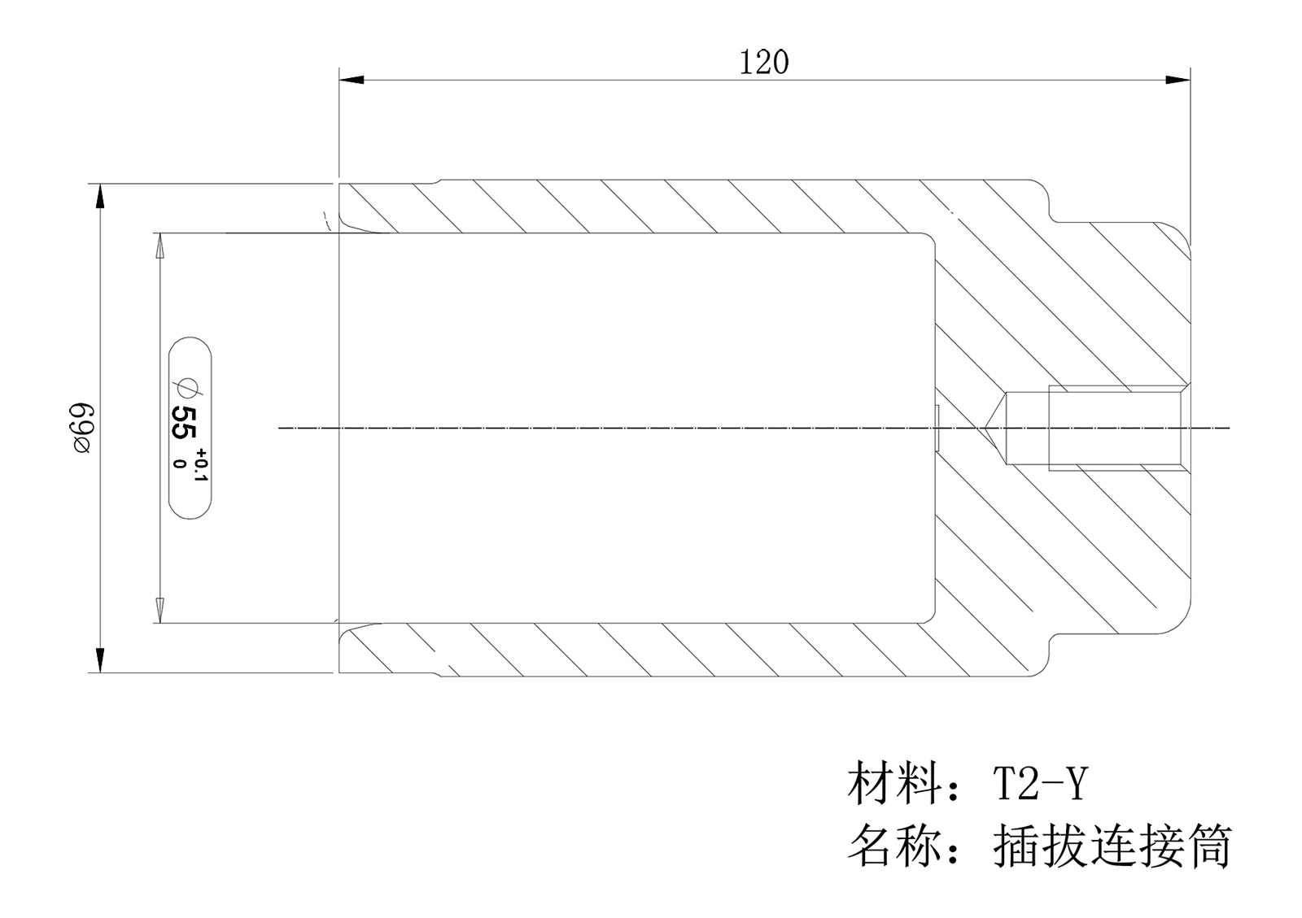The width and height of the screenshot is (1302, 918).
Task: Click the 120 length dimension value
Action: (763, 63)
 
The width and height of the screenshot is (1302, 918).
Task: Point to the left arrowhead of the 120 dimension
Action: (351, 80)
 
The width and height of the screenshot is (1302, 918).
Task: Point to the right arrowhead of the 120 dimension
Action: (1178, 80)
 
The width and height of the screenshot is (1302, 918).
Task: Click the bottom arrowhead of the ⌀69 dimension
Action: (100, 659)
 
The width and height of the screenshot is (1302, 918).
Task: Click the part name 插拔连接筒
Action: (1112, 846)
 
